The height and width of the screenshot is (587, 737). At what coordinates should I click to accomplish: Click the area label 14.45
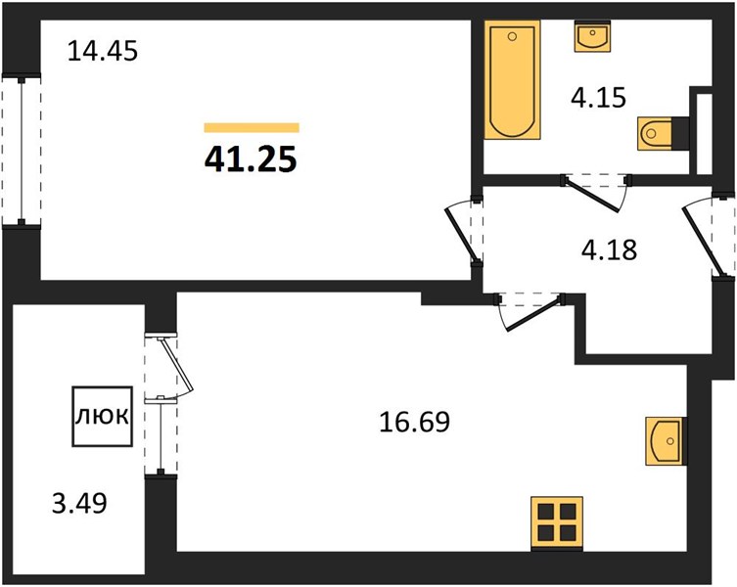[x=103, y=51]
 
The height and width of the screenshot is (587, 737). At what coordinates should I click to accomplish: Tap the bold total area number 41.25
[x=251, y=158]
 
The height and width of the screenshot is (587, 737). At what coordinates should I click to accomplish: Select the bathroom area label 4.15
[x=598, y=98]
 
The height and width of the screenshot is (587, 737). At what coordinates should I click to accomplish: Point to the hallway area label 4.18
[x=609, y=249]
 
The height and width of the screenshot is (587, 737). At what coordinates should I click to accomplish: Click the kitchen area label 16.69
[x=414, y=422]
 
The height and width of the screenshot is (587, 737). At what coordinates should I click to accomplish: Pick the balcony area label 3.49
[x=79, y=503]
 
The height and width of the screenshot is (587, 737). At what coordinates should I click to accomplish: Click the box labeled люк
[x=102, y=416]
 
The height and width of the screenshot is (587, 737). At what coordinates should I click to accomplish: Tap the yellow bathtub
[x=512, y=79]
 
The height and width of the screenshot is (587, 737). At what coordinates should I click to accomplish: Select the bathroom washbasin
[x=593, y=36]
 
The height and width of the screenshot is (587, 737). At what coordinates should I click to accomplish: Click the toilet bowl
[x=655, y=134]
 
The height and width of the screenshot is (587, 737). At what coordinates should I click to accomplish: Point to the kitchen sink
[x=665, y=441]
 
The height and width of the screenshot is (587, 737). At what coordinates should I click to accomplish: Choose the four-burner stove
[x=557, y=523]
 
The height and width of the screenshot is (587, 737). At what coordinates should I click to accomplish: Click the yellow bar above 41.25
[x=252, y=127]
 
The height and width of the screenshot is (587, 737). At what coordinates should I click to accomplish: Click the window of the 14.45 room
[x=22, y=151]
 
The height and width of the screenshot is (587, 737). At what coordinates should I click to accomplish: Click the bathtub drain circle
[x=512, y=36]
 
